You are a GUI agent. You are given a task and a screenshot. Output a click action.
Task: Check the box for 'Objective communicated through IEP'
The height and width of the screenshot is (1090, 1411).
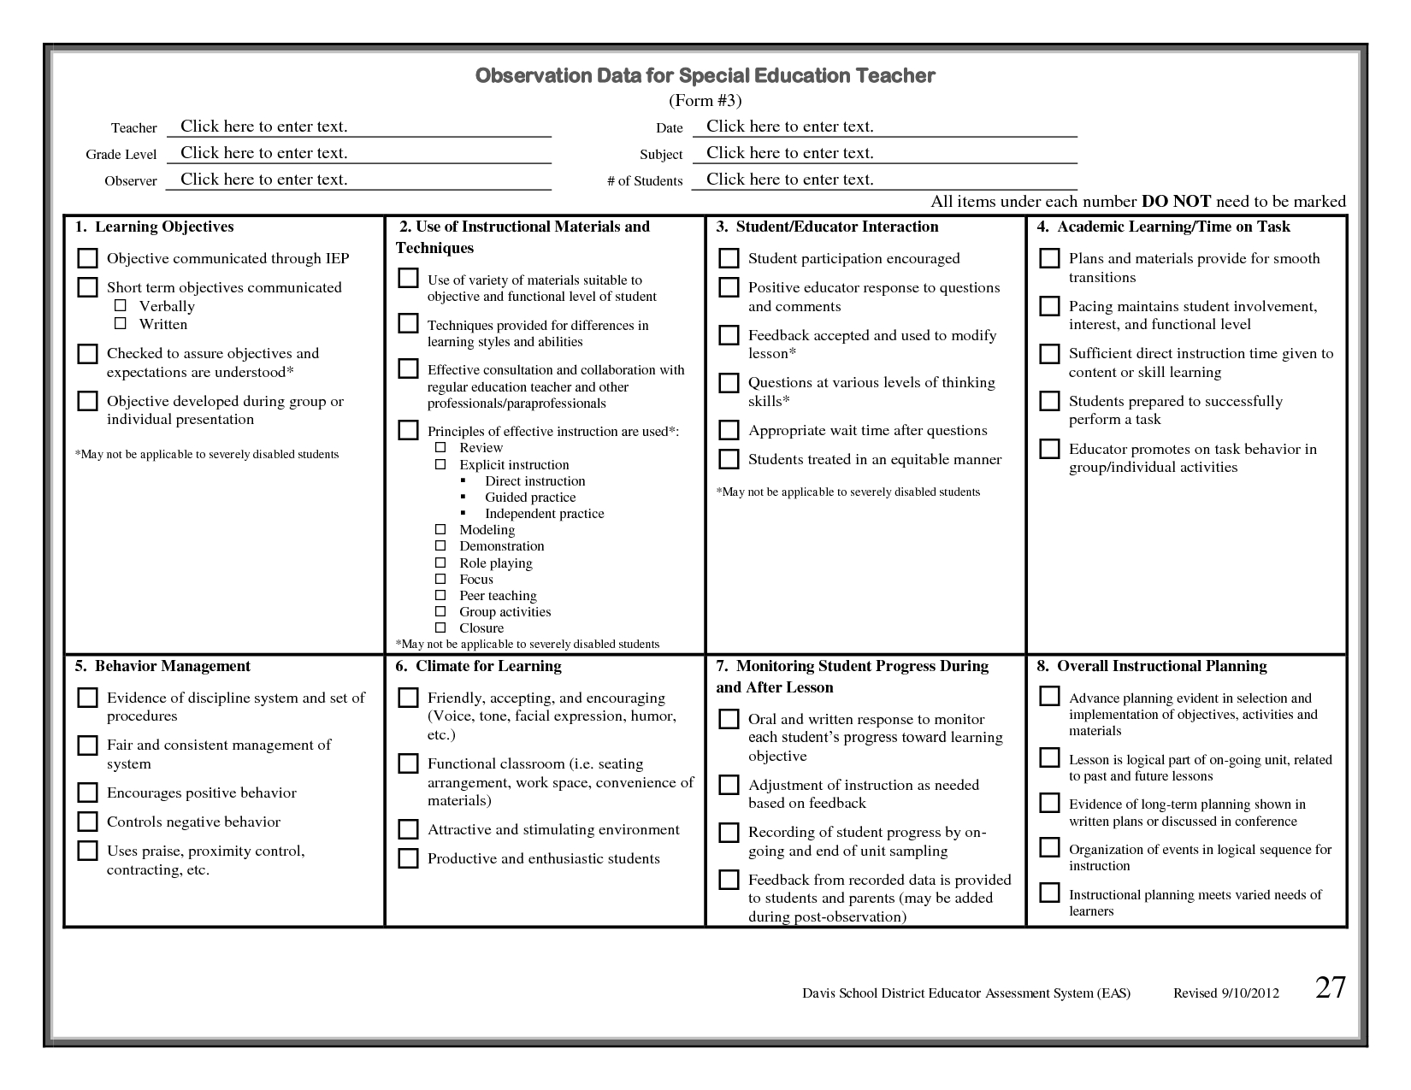point(87,258)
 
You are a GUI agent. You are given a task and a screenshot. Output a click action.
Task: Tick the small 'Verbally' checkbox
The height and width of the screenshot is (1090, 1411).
point(121,306)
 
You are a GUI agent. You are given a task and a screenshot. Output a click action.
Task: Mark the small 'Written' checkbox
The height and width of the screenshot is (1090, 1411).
point(121,324)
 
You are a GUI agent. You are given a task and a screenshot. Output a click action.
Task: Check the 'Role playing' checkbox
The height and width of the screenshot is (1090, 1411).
point(440,563)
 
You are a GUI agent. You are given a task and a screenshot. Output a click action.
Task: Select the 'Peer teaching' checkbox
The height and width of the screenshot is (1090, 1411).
point(440,595)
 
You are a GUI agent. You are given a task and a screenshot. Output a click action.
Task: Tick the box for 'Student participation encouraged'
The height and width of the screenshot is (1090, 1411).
point(729,258)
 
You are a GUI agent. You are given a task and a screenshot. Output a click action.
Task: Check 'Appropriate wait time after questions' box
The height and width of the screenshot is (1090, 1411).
point(729,430)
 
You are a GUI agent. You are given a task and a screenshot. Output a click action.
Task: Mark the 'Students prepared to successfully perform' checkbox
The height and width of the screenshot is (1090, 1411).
point(1049,401)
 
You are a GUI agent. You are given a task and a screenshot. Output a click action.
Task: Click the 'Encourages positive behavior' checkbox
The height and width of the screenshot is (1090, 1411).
point(87,792)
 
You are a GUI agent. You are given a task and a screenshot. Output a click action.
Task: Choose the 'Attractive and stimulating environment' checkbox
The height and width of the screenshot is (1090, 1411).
point(408,829)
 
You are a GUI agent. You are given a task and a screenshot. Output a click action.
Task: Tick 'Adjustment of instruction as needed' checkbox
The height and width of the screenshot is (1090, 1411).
point(729,785)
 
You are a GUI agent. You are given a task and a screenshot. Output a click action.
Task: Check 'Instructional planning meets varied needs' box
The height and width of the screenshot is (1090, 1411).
point(1049,893)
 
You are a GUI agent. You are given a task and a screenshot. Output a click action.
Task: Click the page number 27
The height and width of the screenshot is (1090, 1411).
point(1330,988)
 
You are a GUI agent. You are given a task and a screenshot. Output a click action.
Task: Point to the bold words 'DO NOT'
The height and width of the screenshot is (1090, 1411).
point(1176,202)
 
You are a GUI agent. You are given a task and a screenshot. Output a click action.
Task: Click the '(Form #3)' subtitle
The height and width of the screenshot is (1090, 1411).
point(705,101)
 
